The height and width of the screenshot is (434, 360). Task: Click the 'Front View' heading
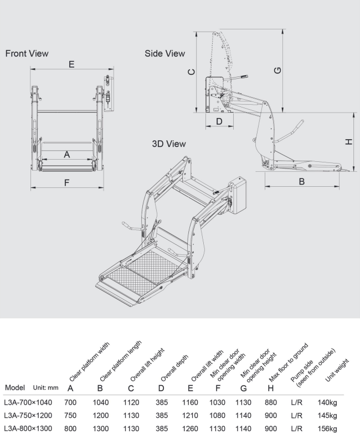point(27,54)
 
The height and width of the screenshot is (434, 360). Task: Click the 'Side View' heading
point(164,54)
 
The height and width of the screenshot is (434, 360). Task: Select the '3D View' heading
point(169,144)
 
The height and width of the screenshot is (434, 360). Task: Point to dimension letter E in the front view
point(71,64)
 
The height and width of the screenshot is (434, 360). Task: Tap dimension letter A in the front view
point(66,155)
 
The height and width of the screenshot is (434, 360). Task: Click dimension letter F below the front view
point(66,182)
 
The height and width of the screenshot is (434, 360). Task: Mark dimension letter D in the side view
point(219,120)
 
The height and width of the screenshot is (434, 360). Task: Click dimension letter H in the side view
point(348,142)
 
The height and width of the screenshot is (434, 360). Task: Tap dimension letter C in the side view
point(191,72)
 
